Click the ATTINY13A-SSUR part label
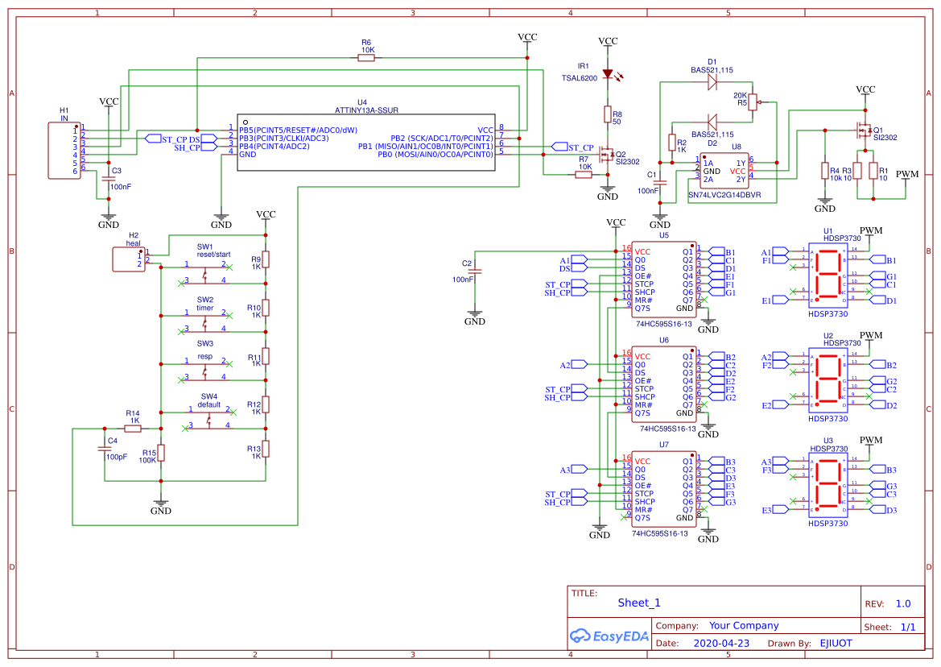(367, 110)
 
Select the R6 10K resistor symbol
(366, 58)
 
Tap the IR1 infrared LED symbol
(608, 75)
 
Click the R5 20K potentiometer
(754, 102)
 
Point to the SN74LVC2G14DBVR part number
(724, 195)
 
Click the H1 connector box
(64, 150)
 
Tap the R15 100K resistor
(161, 453)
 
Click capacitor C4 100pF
(104, 448)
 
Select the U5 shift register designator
(664, 235)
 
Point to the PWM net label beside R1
(907, 174)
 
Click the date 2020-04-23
(721, 643)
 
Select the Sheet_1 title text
(639, 603)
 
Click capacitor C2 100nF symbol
(475, 272)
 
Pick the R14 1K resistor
(134, 429)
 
